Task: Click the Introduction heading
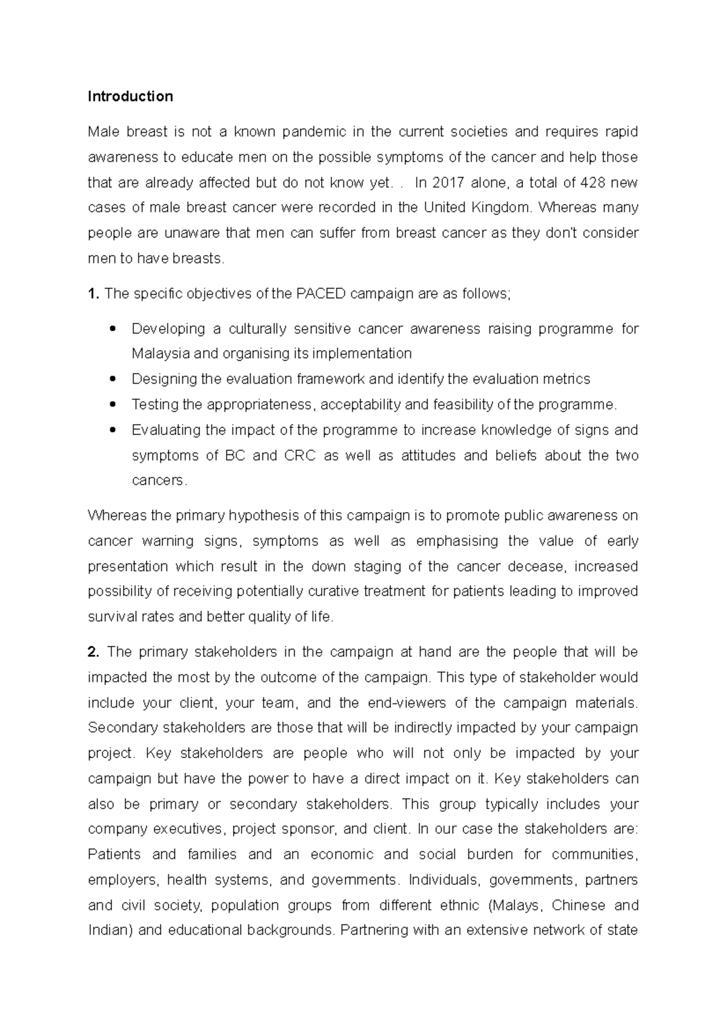pos(130,96)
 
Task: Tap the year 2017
pos(447,182)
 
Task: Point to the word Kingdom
pos(502,207)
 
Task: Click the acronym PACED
pos(321,294)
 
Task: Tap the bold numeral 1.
pos(93,294)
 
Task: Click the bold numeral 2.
pos(93,652)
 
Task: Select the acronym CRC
pos(300,455)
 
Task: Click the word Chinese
pos(579,905)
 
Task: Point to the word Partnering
pos(374,930)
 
